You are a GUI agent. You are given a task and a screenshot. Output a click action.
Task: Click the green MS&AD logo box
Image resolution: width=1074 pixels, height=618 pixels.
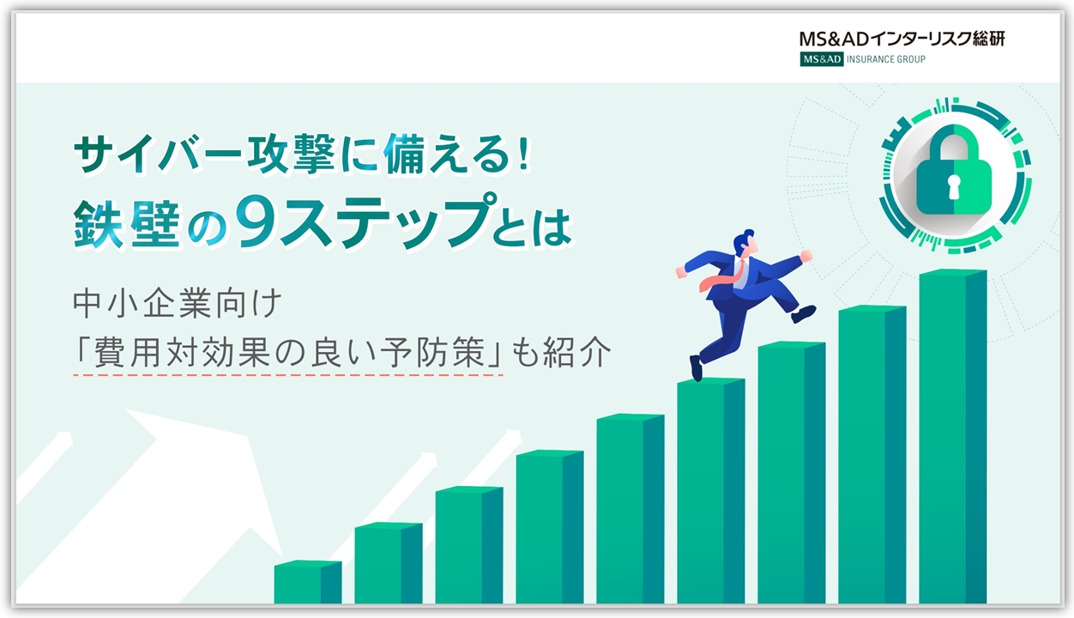[821, 59]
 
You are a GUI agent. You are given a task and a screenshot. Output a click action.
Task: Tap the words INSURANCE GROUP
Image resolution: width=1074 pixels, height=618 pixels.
[886, 59]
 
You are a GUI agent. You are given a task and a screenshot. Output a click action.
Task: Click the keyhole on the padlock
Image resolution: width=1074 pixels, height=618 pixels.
[954, 186]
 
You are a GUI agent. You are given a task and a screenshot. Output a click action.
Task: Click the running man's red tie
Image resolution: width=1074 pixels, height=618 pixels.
[719, 278]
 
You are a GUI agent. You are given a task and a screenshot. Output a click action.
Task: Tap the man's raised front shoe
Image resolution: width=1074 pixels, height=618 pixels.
[804, 314]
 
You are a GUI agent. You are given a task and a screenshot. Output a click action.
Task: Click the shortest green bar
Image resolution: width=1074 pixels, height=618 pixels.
[308, 582]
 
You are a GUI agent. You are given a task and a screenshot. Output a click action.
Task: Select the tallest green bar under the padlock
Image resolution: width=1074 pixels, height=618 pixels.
[953, 436]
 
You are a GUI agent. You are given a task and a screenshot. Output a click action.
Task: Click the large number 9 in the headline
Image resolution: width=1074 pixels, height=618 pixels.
[258, 222]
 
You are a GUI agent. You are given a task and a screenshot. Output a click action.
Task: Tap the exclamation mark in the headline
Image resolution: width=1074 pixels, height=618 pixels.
[523, 152]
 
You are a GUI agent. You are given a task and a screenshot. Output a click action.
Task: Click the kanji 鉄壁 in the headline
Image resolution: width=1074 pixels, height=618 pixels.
[127, 225]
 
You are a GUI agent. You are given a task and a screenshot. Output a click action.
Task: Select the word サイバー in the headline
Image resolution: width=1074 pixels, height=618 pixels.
[157, 153]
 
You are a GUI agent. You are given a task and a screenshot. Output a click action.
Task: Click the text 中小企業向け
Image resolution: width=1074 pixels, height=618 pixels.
[177, 303]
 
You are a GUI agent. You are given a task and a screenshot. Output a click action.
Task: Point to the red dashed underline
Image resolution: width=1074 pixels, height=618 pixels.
[288, 375]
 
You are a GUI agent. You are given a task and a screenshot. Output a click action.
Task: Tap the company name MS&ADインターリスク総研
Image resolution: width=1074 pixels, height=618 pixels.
[902, 39]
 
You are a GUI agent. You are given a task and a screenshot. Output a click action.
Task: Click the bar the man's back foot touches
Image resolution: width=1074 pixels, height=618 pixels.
[710, 490]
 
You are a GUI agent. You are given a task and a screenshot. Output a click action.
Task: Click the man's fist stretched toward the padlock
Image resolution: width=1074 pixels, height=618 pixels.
[806, 255]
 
